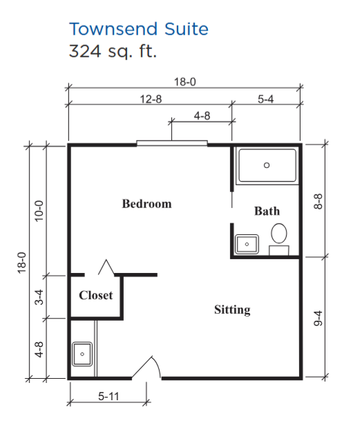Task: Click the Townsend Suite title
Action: pyautogui.click(x=139, y=29)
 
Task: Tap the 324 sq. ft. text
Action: pyautogui.click(x=113, y=51)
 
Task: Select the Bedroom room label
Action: pyautogui.click(x=146, y=204)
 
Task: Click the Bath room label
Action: pyautogui.click(x=267, y=211)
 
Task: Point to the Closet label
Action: pyautogui.click(x=96, y=295)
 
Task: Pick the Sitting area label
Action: pyautogui.click(x=232, y=310)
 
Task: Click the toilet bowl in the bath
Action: pyautogui.click(x=279, y=234)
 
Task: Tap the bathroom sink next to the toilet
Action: pyautogui.click(x=247, y=244)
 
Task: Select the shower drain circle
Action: pyautogui.click(x=267, y=165)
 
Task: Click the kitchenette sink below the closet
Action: pyautogui.click(x=82, y=354)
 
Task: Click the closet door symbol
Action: pyautogui.click(x=106, y=267)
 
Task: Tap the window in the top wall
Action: pyautogui.click(x=172, y=143)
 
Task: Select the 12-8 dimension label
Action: pyautogui.click(x=151, y=99)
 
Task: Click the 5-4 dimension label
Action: pyautogui.click(x=266, y=99)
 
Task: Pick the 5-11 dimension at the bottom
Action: pyautogui.click(x=108, y=397)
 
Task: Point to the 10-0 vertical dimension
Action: pyautogui.click(x=39, y=211)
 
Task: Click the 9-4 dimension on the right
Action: pyautogui.click(x=318, y=318)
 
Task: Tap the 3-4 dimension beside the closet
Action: pyautogui.click(x=39, y=297)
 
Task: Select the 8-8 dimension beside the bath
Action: pyautogui.click(x=318, y=201)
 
